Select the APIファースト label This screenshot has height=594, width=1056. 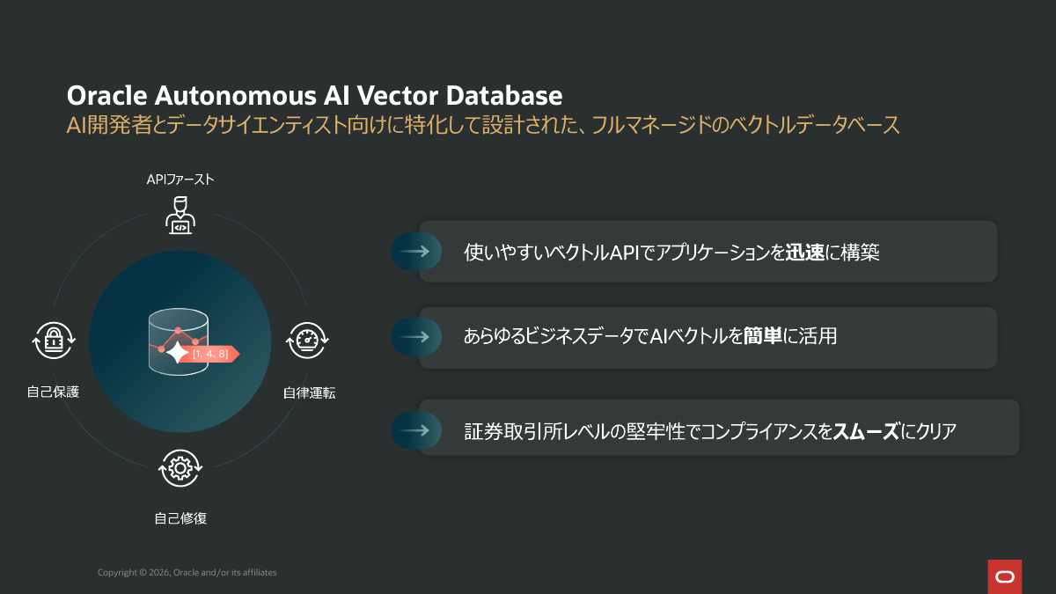coord(180,180)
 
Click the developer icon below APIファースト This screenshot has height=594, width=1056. coord(180,215)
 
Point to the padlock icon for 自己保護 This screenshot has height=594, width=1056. coord(54,340)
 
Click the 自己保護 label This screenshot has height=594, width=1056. coord(53,392)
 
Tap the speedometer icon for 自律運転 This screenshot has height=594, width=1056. coord(308,340)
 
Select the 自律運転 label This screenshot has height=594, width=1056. coord(309,393)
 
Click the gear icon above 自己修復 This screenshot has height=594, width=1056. coord(180,468)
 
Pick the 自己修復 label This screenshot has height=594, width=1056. coord(180,518)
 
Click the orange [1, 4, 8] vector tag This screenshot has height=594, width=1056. coord(212,354)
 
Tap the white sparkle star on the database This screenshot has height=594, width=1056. coord(180,353)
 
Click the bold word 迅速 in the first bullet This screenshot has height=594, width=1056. coord(804,253)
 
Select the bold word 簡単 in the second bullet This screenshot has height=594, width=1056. coord(763,336)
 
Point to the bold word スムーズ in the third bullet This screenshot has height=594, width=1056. coord(866,431)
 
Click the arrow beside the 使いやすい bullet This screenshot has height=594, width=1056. coord(413,252)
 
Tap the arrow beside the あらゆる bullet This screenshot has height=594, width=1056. coord(413,336)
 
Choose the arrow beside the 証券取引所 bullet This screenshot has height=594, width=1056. coord(413,430)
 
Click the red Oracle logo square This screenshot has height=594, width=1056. coord(1004,576)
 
